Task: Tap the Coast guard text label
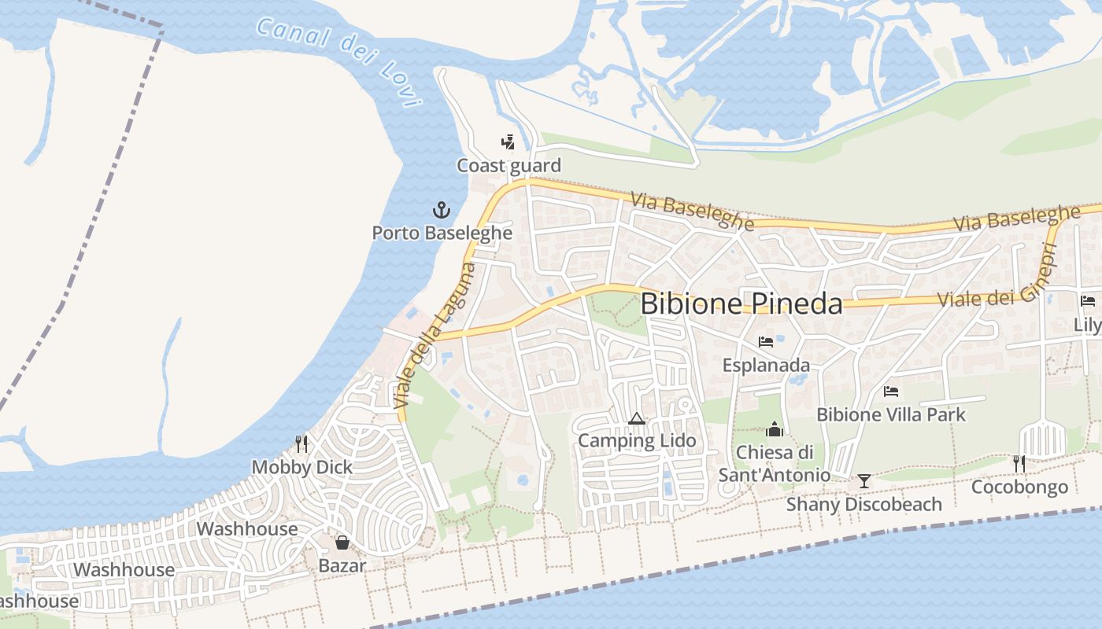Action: pos(509,166)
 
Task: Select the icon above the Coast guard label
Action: pos(508,142)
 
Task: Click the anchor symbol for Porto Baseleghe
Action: pos(442,210)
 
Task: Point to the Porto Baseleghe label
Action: pos(442,234)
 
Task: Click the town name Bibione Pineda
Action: pos(741,303)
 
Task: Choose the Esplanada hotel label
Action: pos(766,366)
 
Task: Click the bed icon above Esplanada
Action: pos(765,342)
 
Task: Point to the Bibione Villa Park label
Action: pos(891,414)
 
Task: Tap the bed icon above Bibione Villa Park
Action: pos(891,391)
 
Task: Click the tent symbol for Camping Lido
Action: pos(637,418)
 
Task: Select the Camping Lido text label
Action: pos(637,441)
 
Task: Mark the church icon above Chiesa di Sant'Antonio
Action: pos(775,429)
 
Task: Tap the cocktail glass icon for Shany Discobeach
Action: pos(864,480)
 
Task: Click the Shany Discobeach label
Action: pos(864,504)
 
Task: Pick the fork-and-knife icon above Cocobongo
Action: pos(1019,464)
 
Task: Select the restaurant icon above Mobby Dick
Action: pos(301,444)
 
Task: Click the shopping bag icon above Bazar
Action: pos(342,543)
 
